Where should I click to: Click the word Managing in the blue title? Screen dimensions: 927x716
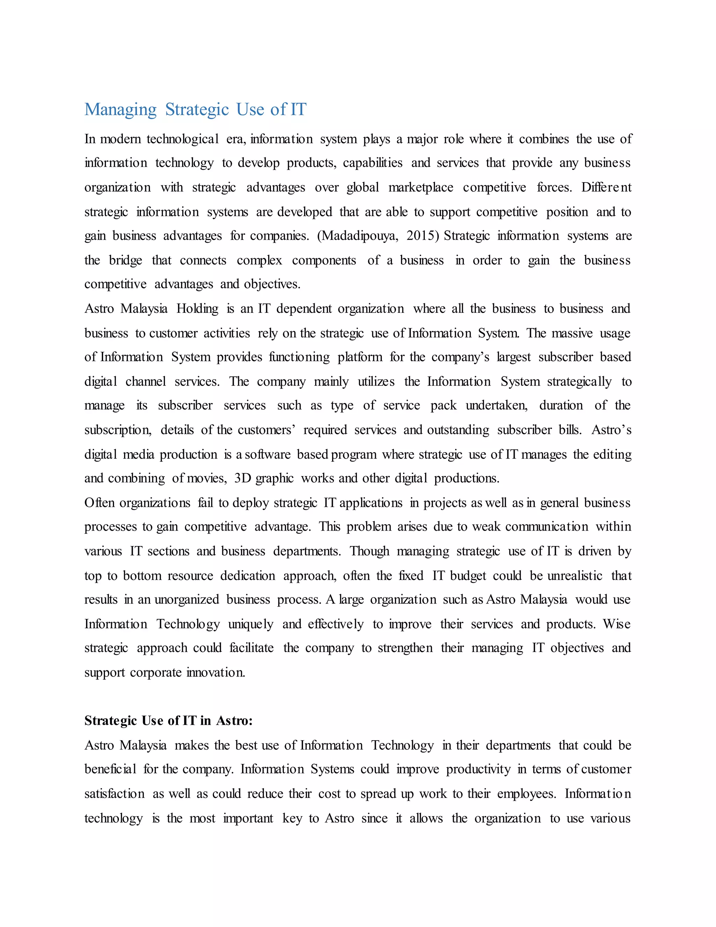[121, 110]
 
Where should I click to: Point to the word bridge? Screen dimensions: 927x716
[126, 260]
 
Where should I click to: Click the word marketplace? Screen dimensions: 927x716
[421, 187]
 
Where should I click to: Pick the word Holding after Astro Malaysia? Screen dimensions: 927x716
[197, 309]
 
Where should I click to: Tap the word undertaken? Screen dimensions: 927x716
[496, 406]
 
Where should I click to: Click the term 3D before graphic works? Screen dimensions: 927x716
[243, 478]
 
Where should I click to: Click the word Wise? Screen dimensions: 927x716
[617, 624]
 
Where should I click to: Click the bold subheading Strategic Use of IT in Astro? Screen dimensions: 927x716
[169, 721]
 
